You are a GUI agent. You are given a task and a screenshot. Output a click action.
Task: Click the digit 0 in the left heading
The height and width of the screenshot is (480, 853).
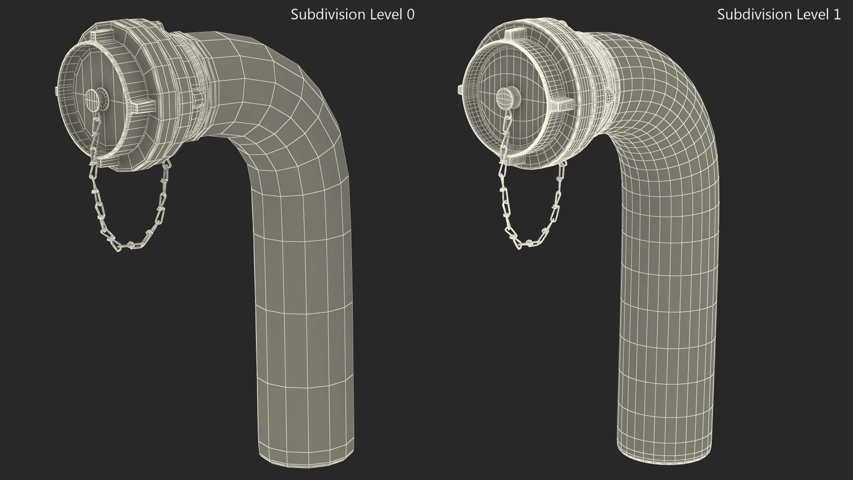pos(411,15)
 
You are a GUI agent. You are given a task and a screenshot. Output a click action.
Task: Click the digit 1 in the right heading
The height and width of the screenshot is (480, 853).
pos(837,15)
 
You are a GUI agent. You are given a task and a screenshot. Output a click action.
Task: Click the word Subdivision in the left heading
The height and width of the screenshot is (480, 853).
pos(322,15)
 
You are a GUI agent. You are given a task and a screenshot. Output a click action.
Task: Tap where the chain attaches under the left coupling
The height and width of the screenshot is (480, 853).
pos(166,165)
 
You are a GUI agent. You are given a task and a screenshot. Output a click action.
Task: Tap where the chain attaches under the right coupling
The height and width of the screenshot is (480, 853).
pos(563,164)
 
